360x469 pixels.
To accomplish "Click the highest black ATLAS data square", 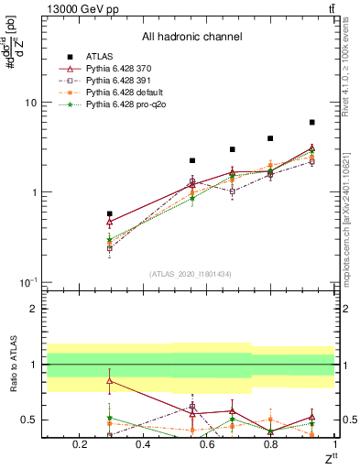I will (x=312, y=122).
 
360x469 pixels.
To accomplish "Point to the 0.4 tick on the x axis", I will (x=142, y=445).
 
